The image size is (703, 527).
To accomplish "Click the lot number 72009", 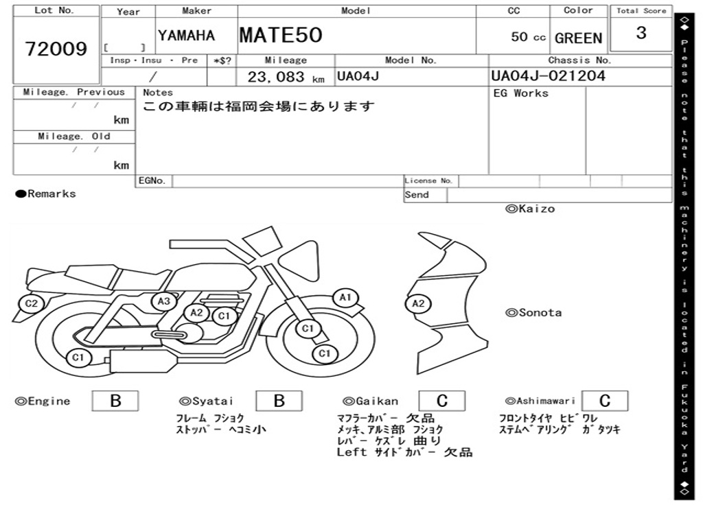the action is pos(56,49).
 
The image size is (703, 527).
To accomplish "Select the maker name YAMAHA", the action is pos(187,36).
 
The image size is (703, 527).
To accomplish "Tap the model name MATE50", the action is pos(281,35).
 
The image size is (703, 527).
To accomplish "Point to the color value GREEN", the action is pos(578,38).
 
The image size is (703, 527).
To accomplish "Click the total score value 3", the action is pos(641,33).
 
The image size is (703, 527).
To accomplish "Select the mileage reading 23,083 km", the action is pos(286,77).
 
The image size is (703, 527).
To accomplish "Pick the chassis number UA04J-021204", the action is pos(548,75).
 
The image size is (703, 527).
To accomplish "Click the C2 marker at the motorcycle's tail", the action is pos(32,303).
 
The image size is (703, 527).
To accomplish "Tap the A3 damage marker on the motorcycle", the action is pos(163,301).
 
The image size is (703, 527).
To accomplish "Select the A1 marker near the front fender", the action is pos(345,298).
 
